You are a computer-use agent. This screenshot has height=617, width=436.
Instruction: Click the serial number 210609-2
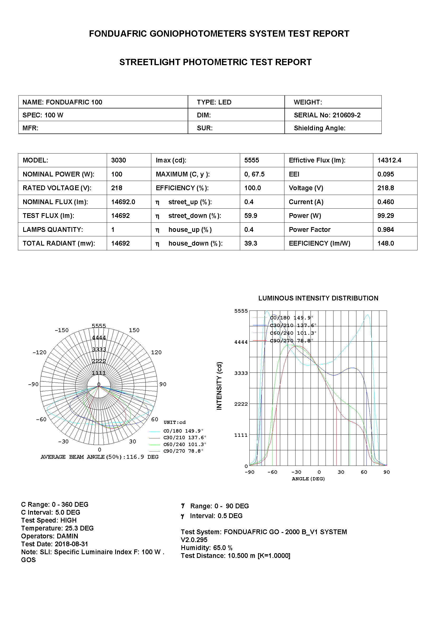coord(346,115)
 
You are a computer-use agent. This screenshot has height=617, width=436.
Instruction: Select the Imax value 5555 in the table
coord(251,160)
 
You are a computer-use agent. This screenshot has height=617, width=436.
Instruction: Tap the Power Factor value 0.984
coord(386,229)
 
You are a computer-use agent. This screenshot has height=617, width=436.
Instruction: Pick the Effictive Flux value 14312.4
coord(389,160)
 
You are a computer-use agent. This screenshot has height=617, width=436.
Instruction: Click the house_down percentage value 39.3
coord(250,243)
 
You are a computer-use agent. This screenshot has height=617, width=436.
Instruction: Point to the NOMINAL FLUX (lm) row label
coord(55,202)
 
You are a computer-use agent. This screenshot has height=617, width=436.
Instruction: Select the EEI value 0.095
coord(386,174)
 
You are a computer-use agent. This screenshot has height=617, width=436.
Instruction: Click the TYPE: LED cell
coord(214,102)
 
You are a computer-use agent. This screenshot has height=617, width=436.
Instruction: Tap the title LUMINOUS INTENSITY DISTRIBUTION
coord(318,298)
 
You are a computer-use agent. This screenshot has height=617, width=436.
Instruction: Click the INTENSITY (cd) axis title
coord(219,386)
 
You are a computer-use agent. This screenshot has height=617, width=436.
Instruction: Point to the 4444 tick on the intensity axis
coord(241,342)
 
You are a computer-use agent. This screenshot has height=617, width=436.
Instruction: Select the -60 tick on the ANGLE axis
coord(272,472)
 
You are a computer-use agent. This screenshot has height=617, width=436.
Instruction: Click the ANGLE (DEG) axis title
coord(308,479)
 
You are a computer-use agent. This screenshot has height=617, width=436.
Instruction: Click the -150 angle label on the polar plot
coord(61,330)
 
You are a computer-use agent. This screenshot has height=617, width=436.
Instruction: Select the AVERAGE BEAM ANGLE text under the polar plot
coord(99,457)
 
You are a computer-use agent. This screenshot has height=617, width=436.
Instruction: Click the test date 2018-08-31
coord(71,544)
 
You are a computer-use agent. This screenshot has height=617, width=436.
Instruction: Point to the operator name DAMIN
coord(67,536)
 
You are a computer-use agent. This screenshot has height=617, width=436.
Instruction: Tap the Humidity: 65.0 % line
coord(206,548)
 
